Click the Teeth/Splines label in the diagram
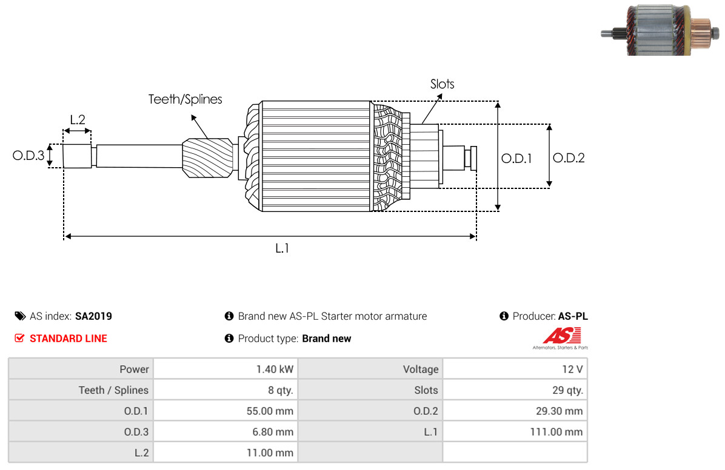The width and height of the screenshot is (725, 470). pyautogui.click(x=185, y=99)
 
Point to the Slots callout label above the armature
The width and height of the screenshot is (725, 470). pyautogui.click(x=442, y=84)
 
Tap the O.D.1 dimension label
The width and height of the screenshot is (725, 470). pyautogui.click(x=516, y=159)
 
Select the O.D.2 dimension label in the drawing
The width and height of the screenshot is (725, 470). pyautogui.click(x=569, y=158)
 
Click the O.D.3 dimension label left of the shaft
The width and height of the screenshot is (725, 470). pyautogui.click(x=28, y=156)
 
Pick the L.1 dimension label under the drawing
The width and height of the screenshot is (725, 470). pyautogui.click(x=282, y=248)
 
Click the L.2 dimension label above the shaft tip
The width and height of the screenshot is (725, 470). pyautogui.click(x=78, y=119)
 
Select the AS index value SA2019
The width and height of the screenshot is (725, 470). pyautogui.click(x=93, y=316)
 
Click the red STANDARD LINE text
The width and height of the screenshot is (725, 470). pyautogui.click(x=68, y=339)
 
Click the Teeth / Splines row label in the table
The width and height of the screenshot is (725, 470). pyautogui.click(x=113, y=391)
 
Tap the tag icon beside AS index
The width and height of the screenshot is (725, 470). pyautogui.click(x=20, y=316)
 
